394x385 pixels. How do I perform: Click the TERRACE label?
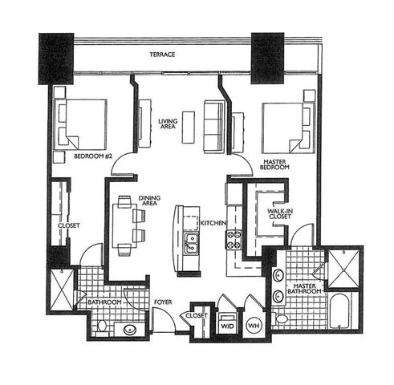pos(162,55)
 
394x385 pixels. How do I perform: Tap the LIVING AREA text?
pos(168,124)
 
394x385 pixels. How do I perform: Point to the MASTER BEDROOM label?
pos(275,165)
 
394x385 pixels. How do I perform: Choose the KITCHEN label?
pos(212,222)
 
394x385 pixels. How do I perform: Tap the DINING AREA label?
pos(149,201)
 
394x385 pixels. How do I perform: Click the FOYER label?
pos(163,302)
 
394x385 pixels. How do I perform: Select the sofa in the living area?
pos(213,126)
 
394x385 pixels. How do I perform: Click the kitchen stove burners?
pos(234,239)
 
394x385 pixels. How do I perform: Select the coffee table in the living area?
pos(189,126)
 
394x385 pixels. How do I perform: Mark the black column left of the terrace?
pos(56,57)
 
